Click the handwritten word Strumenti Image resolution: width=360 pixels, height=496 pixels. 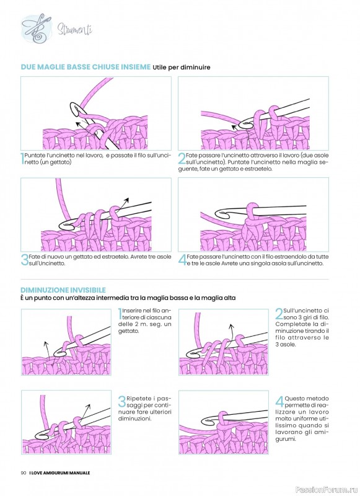coord(75,30)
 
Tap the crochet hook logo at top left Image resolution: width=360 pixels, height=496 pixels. coord(37,29)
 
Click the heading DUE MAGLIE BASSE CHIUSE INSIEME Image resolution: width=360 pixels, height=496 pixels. coord(86,67)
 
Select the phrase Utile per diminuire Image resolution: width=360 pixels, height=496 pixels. coord(182,68)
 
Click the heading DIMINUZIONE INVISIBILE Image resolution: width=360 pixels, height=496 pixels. coord(63,290)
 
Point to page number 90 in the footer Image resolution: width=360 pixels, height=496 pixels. coord(23,472)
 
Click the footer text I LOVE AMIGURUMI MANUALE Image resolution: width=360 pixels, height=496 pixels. coord(59,472)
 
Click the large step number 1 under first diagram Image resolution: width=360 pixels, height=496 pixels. coord(22,159)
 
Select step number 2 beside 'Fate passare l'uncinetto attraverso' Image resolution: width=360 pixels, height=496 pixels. coord(182,159)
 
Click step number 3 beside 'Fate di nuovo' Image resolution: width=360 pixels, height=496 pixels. coord(24,260)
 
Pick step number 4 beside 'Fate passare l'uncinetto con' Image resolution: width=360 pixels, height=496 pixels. coord(182,260)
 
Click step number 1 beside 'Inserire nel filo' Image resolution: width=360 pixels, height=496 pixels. coord(120,314)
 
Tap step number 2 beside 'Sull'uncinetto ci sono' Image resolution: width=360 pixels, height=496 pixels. coord(279,314)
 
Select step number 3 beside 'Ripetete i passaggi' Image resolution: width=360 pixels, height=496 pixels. coord(122,402)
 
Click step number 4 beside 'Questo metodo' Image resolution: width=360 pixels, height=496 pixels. coord(279,402)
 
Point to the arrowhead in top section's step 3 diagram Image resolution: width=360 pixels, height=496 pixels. coord(126,200)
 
